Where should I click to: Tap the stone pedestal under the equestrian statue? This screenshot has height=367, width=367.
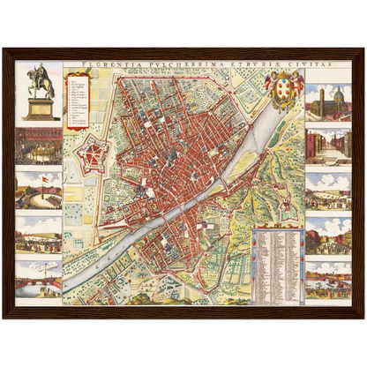click(39, 108)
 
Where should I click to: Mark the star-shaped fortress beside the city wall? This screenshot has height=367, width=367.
click(92, 157)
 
